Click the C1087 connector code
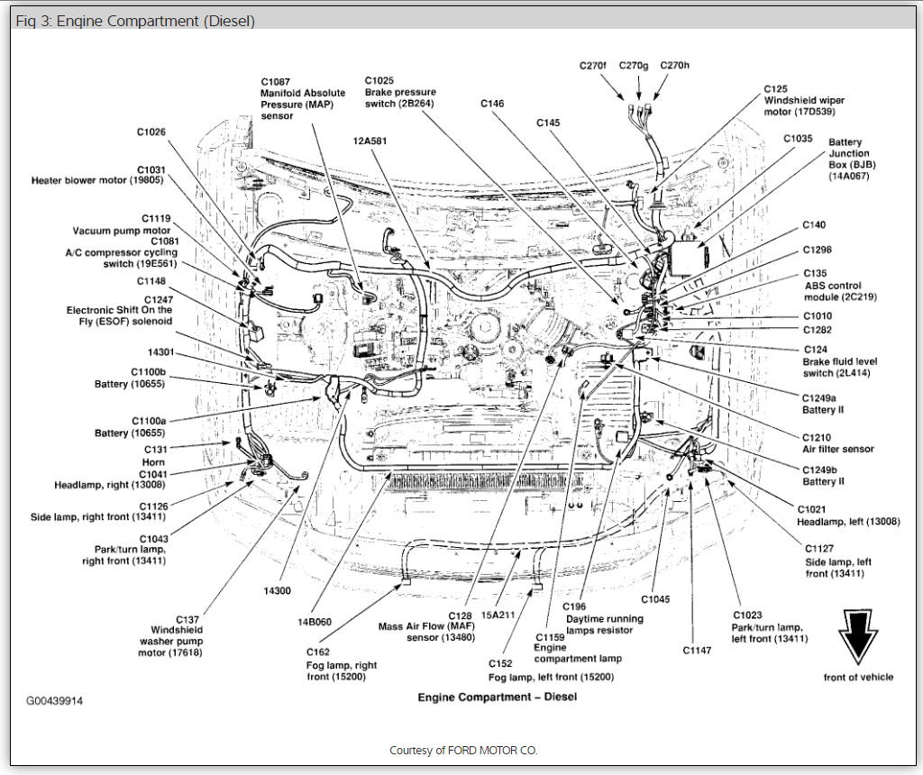276,80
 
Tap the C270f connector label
594,66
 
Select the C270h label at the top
674,66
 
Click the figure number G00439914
54,699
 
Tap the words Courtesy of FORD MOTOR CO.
463,750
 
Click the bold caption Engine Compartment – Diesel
497,697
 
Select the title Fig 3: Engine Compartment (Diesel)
135,21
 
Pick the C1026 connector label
151,132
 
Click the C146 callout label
492,105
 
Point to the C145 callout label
549,123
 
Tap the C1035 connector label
798,139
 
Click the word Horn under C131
154,461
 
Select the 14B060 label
315,620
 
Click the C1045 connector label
656,599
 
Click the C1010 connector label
818,316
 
